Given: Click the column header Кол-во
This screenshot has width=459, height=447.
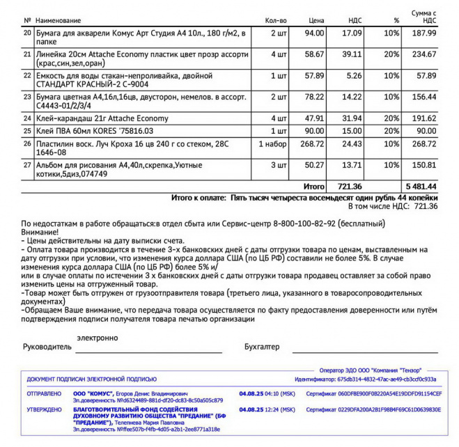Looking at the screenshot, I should tap(277, 21).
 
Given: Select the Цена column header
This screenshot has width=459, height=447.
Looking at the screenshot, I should tap(316, 21).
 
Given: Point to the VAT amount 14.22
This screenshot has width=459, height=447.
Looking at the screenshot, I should tap(352, 98).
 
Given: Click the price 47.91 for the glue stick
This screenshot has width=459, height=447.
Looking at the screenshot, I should tap(315, 118).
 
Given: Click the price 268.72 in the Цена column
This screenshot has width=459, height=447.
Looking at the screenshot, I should tap(312, 143).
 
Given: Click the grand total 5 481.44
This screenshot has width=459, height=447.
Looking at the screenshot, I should tap(421, 187).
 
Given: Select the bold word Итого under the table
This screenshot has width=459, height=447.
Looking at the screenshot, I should tap(313, 187).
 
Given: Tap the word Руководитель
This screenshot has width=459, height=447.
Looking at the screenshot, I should tap(47, 346).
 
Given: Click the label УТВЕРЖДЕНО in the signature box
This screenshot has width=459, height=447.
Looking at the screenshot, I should tap(44, 409).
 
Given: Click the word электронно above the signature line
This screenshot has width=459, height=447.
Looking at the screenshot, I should tap(97, 338).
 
